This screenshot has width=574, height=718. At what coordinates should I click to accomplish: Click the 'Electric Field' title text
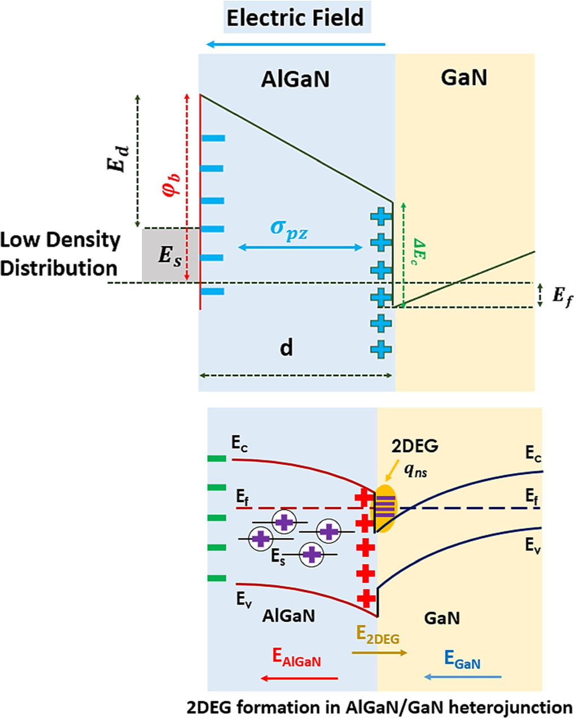(295, 18)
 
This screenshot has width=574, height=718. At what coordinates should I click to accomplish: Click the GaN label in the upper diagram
(463, 77)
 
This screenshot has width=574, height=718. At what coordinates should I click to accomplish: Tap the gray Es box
(170, 255)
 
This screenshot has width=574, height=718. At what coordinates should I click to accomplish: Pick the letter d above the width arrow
(287, 348)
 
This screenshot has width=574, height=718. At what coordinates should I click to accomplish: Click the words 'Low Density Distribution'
(60, 253)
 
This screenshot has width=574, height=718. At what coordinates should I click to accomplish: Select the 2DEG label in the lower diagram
(415, 446)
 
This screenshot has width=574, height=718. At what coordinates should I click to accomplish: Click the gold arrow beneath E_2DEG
(379, 653)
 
